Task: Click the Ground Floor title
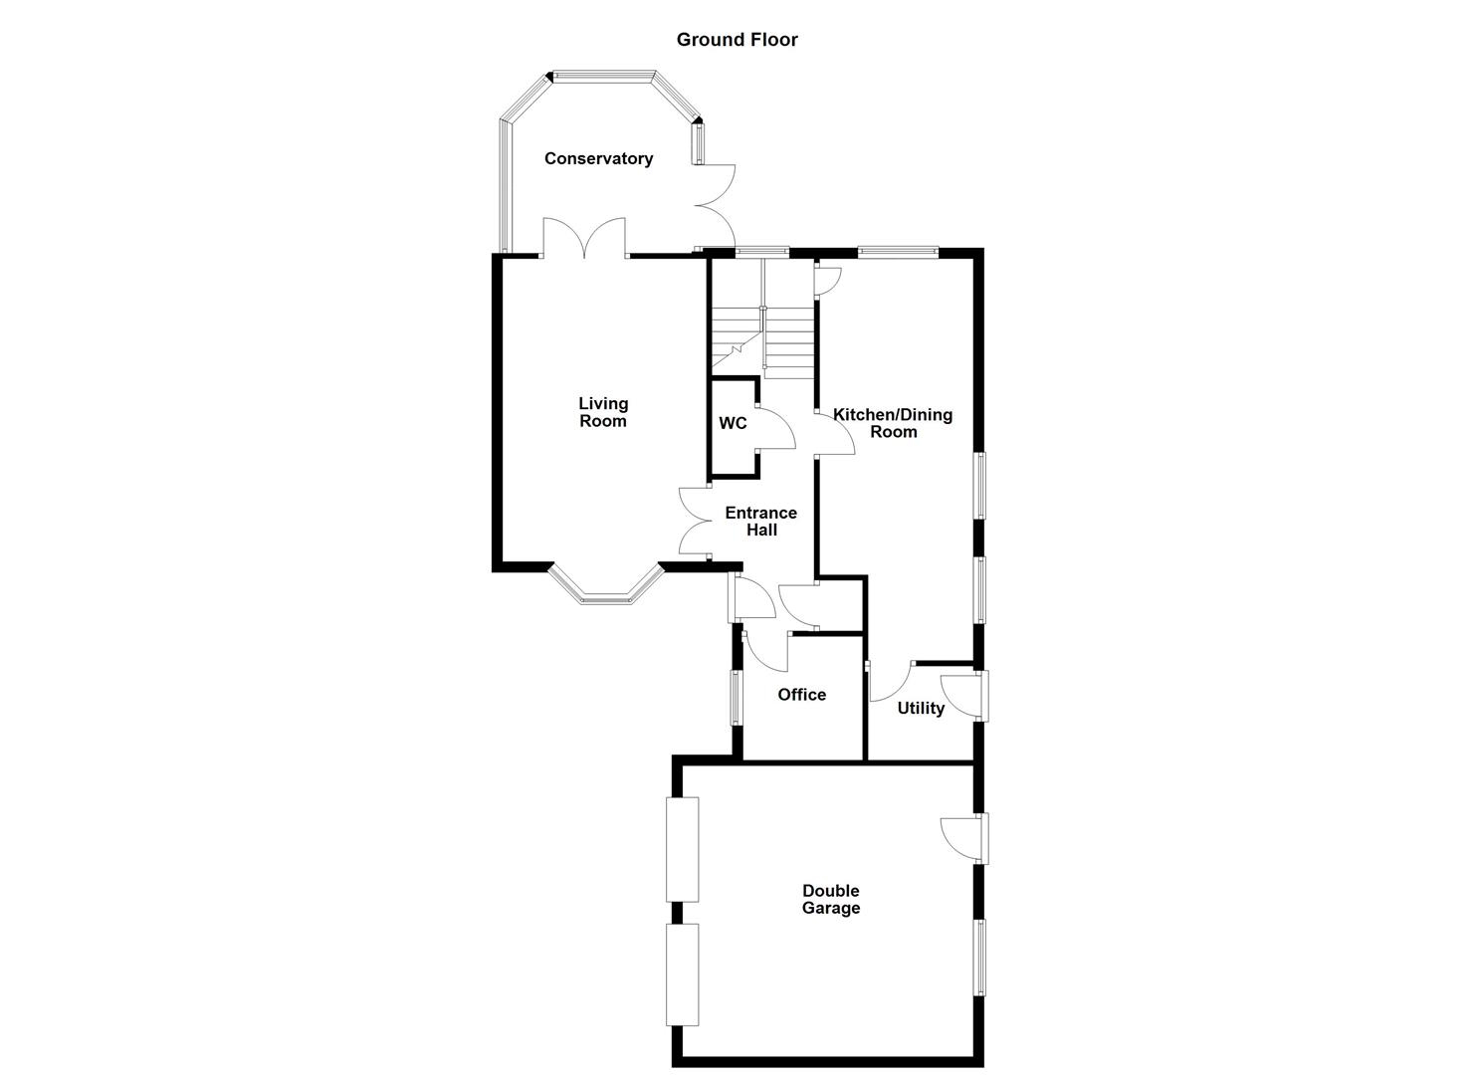pos(737,40)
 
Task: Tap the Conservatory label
pos(598,158)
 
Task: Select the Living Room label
pos(603,412)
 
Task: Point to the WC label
pos(733,423)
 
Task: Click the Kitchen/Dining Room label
pos(893,423)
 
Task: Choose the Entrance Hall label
pos(761,522)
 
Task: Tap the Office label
pos(801,695)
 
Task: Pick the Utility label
pos(921,709)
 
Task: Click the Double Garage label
pos(831,900)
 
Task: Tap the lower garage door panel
pos(683,975)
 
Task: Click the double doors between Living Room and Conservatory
pos(584,239)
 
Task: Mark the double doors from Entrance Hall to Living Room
pos(695,521)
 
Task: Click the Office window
pos(738,697)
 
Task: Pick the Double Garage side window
pos(980,958)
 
